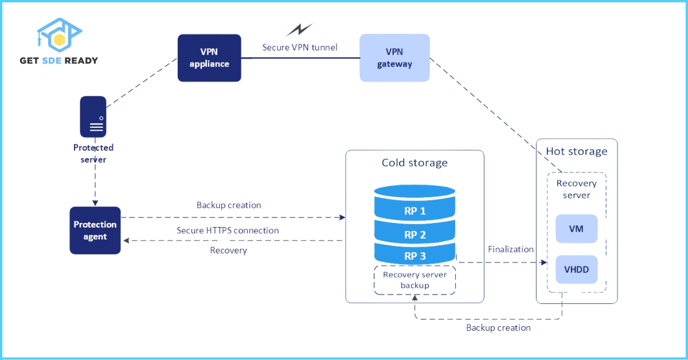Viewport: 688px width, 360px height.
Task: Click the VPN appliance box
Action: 209,58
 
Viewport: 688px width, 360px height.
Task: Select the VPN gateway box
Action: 394,58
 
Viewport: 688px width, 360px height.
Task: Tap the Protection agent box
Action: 95,230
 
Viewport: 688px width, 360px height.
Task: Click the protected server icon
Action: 93,117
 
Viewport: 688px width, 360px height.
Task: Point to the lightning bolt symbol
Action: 299,30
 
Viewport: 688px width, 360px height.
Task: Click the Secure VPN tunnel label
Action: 300,47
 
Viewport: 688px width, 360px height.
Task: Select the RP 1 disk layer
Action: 415,210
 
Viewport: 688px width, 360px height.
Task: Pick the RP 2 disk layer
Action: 415,234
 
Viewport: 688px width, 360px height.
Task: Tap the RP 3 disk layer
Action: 415,256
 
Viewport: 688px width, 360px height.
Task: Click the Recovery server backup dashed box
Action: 415,280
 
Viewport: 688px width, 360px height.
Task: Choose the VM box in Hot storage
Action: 576,229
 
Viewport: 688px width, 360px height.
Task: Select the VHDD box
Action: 576,269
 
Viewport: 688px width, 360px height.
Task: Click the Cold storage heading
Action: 415,163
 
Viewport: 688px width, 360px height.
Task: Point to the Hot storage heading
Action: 576,151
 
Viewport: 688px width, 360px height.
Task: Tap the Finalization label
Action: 511,249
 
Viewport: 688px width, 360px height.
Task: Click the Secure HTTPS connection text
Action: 228,230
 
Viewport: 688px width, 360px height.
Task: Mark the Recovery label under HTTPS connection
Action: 228,251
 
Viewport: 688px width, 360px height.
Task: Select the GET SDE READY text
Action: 58,60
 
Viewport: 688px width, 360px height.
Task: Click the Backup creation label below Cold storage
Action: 498,328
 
